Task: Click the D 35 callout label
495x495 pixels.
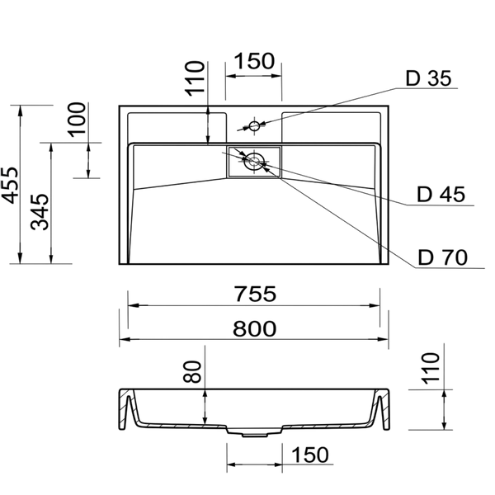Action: click(428, 78)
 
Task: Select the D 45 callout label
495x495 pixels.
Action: click(441, 194)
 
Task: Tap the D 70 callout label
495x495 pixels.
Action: click(442, 257)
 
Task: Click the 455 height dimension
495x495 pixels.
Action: click(10, 185)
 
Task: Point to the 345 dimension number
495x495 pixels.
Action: click(40, 212)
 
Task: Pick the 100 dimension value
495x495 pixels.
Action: click(77, 120)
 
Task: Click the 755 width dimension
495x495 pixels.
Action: click(256, 294)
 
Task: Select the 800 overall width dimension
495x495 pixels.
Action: click(254, 328)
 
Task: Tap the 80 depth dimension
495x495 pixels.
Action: click(192, 371)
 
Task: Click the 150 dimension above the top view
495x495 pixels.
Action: click(255, 61)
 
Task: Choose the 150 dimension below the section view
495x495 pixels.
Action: click(309, 455)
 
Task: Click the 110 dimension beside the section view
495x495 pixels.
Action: click(431, 369)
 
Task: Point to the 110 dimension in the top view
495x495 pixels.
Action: click(195, 78)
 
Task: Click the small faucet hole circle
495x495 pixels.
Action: click(254, 126)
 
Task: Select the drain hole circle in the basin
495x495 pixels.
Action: click(254, 162)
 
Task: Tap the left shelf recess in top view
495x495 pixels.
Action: click(177, 127)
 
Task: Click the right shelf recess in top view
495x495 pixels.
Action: click(331, 127)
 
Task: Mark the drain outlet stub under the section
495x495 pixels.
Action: click(254, 436)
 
